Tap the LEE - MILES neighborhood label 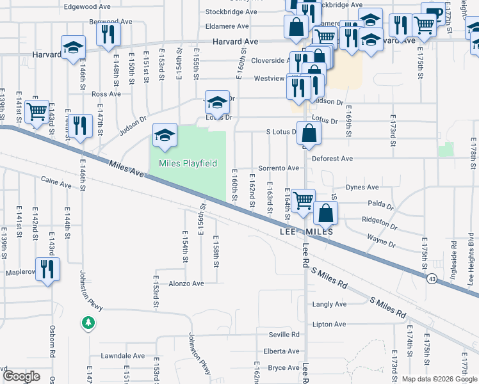click(306, 232)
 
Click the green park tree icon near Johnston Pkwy click(88, 323)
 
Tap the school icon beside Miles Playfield click(165, 136)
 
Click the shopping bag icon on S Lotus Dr click(309, 134)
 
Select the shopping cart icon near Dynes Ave click(303, 200)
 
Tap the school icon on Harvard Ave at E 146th click(73, 47)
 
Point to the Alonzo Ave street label click(186, 284)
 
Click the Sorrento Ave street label click(280, 168)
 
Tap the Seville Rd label click(284, 335)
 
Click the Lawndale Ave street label click(122, 356)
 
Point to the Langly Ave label click(329, 305)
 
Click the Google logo click(21, 377)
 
